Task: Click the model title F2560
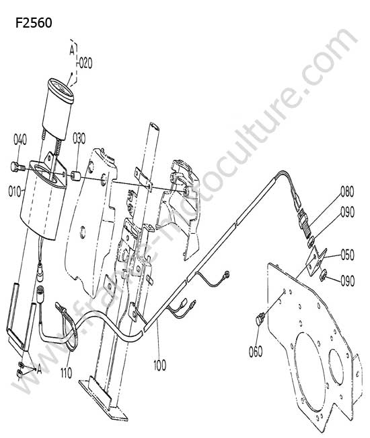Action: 34,23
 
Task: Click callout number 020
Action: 85,63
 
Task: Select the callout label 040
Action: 20,139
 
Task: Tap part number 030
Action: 79,139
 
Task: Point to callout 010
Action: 15,192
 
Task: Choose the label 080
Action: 347,191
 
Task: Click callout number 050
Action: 347,255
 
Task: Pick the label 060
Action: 256,351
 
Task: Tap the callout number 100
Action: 159,365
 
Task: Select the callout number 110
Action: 66,373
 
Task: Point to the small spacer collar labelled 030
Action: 76,177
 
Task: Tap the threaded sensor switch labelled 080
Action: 305,221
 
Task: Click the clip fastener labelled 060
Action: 260,319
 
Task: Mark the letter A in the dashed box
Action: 72,50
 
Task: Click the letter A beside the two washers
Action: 39,369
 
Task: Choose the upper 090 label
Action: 347,212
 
